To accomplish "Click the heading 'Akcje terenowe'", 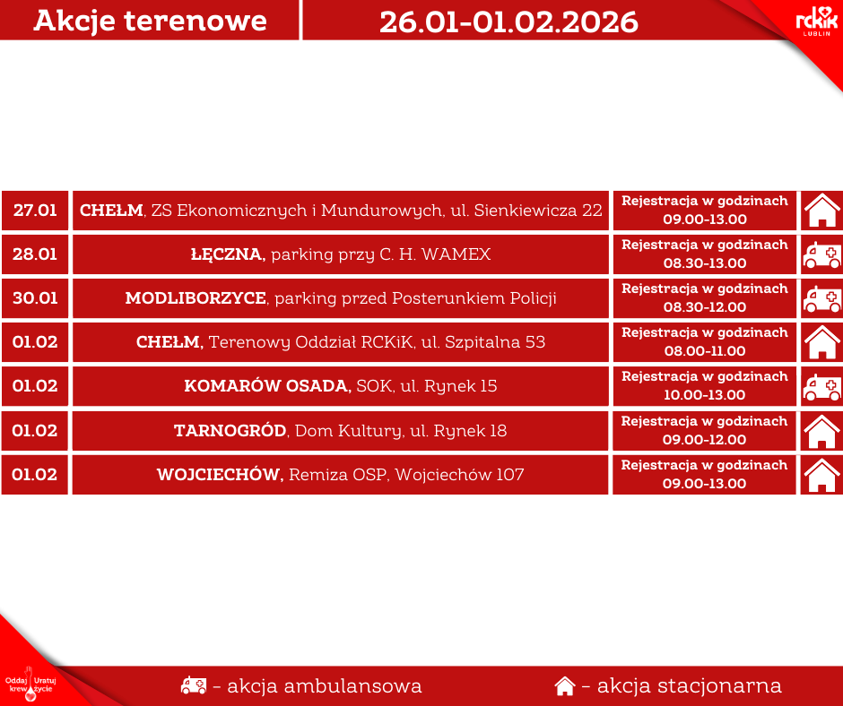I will pyautogui.click(x=150, y=22).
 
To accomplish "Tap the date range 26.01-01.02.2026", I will pyautogui.click(x=508, y=22).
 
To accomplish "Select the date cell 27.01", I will pyautogui.click(x=35, y=211).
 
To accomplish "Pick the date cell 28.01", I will pyautogui.click(x=35, y=254).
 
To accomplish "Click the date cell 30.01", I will pyautogui.click(x=35, y=298).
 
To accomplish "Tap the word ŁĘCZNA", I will pyautogui.click(x=227, y=254).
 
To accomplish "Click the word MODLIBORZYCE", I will pyautogui.click(x=196, y=298).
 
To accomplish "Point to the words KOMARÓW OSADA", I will pyautogui.click(x=267, y=386).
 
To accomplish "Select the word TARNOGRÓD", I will pyautogui.click(x=230, y=431).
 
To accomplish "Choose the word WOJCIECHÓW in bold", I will pyautogui.click(x=220, y=475).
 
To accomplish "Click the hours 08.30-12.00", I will pyautogui.click(x=704, y=307).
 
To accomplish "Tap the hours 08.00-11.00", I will pyautogui.click(x=704, y=351).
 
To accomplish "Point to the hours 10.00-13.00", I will pyautogui.click(x=704, y=395).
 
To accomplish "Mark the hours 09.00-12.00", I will pyautogui.click(x=704, y=440).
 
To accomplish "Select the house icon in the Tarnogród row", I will pyautogui.click(x=821, y=431).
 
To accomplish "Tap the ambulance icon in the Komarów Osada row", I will pyautogui.click(x=821, y=387).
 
